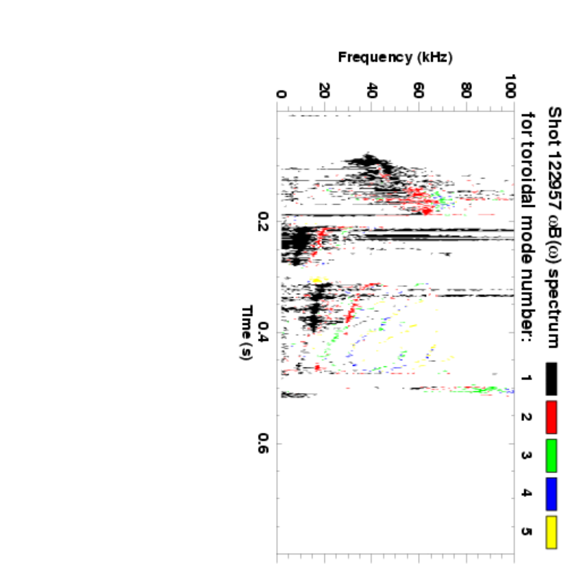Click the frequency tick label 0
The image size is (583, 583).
[281, 94]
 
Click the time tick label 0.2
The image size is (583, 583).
[264, 222]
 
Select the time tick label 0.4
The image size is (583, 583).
[264, 332]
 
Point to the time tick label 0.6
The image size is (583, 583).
[264, 443]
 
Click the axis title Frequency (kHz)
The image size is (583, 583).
[395, 57]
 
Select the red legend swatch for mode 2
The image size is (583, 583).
[551, 416]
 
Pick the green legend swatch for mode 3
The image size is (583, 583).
[551, 455]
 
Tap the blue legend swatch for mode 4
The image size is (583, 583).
[551, 493]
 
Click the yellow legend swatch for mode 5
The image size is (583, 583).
[551, 532]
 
